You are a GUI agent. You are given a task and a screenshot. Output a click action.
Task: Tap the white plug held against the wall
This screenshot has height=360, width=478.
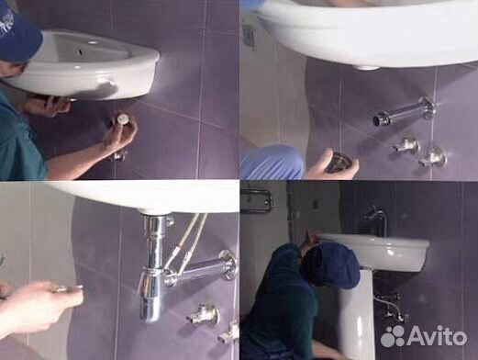click(123, 119)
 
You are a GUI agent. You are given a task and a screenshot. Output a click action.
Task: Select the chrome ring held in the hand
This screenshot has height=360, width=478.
click(339, 163)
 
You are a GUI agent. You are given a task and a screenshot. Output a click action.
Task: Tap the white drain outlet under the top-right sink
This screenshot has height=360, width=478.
click(366, 66)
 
